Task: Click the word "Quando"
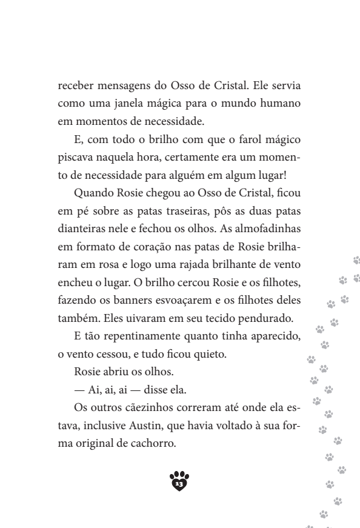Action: coord(91,193)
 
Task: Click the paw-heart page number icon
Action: coord(179,481)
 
